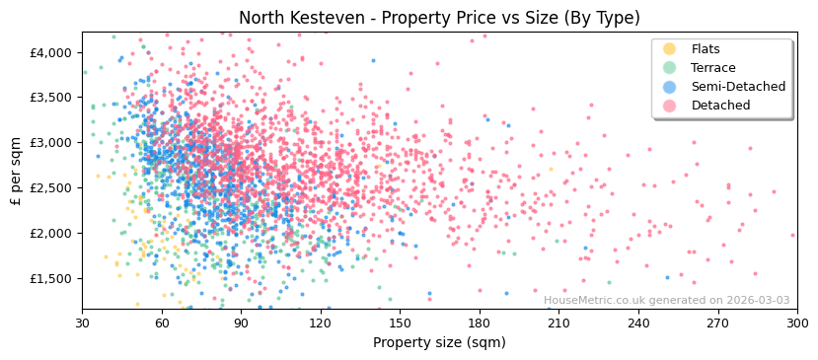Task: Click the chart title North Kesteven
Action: [x=439, y=18]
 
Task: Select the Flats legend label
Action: [x=706, y=49]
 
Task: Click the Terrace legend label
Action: [x=712, y=68]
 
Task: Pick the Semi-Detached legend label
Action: [x=738, y=87]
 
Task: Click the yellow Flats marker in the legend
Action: [x=670, y=49]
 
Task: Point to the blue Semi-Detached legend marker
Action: [x=670, y=87]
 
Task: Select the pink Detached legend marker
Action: [x=670, y=106]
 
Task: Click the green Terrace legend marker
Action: [x=670, y=68]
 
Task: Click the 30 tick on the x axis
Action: [x=82, y=323]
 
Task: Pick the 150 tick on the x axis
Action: [x=400, y=323]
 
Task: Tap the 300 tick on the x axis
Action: [x=796, y=323]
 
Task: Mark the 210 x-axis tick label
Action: [x=558, y=323]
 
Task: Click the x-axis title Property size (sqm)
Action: [x=439, y=342]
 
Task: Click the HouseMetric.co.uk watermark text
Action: [x=666, y=301]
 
